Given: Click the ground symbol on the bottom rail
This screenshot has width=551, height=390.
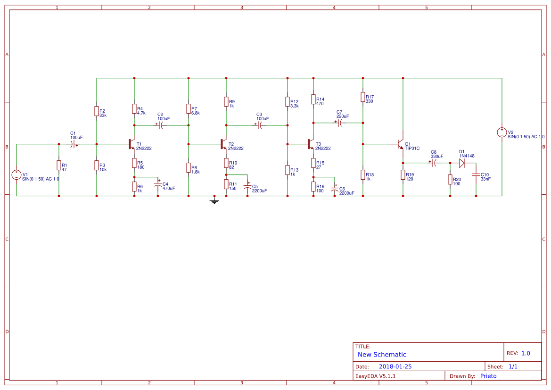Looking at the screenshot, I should [x=214, y=201].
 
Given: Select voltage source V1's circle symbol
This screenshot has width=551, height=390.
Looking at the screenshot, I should [x=16, y=175].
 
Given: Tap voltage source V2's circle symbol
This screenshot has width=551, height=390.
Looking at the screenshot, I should [x=502, y=133].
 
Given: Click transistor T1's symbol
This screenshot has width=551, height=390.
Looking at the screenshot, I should [x=132, y=144].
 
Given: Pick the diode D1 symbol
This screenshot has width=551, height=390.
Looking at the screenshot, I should [x=462, y=163].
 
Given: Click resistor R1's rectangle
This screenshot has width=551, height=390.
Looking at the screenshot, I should [x=59, y=166].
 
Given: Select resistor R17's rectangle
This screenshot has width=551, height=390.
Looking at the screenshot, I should [x=363, y=97].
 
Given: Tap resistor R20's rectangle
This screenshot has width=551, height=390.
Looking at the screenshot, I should [x=450, y=180].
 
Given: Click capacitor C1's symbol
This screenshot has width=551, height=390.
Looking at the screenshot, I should [x=73, y=144].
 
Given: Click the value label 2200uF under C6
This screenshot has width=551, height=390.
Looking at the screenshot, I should [x=346, y=193].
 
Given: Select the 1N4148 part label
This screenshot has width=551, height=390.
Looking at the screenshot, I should [x=467, y=156].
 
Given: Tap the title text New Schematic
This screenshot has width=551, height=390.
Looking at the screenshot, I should [x=382, y=355].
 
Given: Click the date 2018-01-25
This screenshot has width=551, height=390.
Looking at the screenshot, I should [x=395, y=366].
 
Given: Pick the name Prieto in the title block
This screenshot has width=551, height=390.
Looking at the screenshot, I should [x=488, y=376].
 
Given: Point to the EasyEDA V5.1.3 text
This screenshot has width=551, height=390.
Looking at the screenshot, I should [x=375, y=376].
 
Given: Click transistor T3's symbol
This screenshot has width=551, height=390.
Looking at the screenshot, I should [x=311, y=144].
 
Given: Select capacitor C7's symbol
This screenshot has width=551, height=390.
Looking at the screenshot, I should [x=339, y=123].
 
